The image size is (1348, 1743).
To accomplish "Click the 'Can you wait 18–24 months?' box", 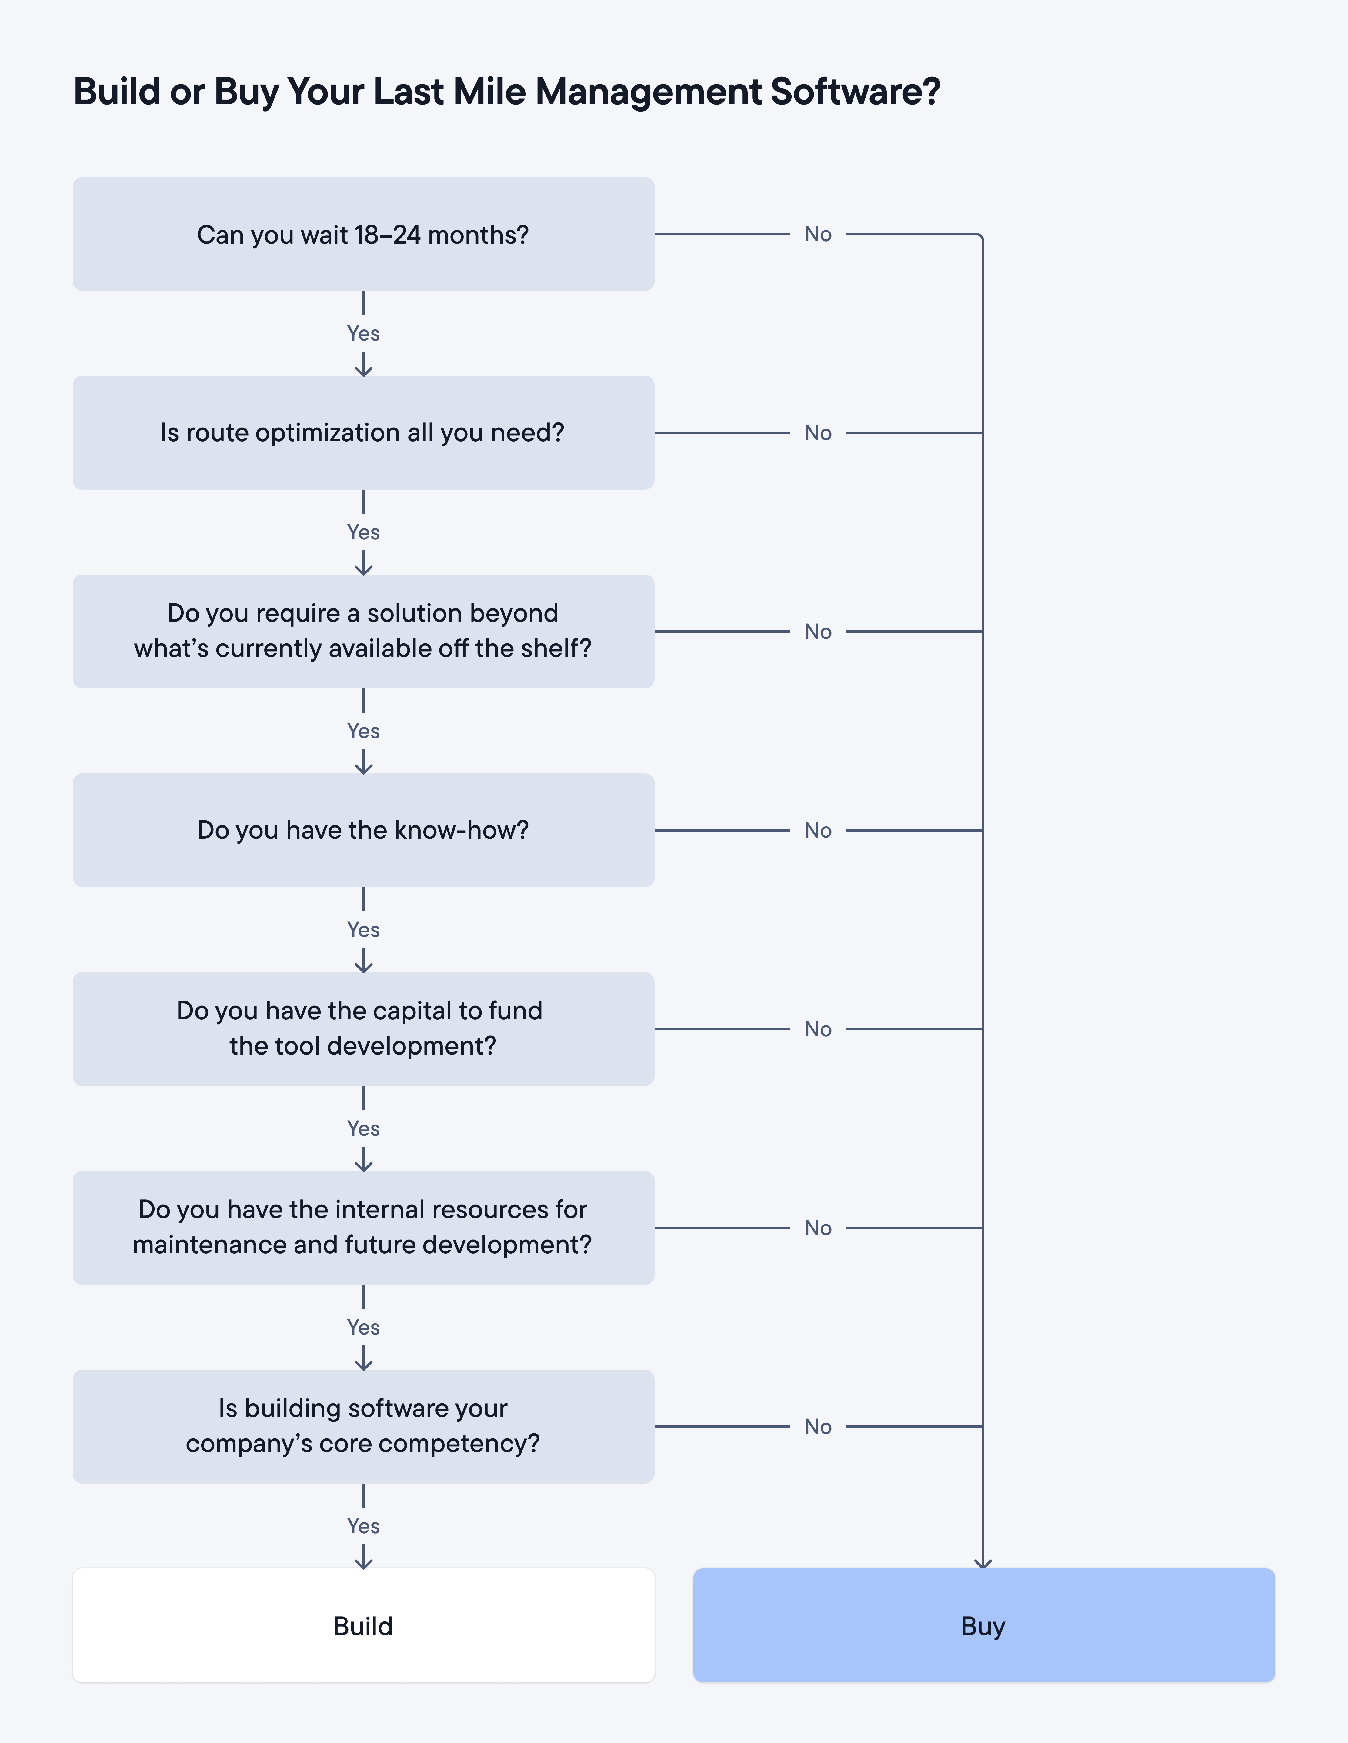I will click(363, 234).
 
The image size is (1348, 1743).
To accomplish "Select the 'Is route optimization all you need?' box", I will click(363, 432).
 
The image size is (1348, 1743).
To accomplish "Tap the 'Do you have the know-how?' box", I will click(363, 830).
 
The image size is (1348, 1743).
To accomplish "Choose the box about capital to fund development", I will click(363, 1029).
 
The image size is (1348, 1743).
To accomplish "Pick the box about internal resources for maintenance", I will click(363, 1228).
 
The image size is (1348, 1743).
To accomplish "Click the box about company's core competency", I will click(363, 1426).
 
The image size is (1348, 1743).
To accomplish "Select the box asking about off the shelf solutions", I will click(363, 631).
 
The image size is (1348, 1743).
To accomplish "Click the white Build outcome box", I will click(363, 1626).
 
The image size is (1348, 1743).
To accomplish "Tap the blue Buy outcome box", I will click(983, 1626).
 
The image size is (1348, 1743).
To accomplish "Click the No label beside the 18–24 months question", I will click(818, 234).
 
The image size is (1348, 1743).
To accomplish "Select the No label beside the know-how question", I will click(818, 830).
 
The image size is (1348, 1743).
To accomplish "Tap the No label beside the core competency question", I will click(818, 1426).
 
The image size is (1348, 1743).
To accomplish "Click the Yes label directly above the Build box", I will click(363, 1526).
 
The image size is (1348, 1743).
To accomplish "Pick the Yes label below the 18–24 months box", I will click(363, 334).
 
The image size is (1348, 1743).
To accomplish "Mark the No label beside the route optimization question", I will click(818, 432).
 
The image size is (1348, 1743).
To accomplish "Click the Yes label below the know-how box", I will click(363, 930).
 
